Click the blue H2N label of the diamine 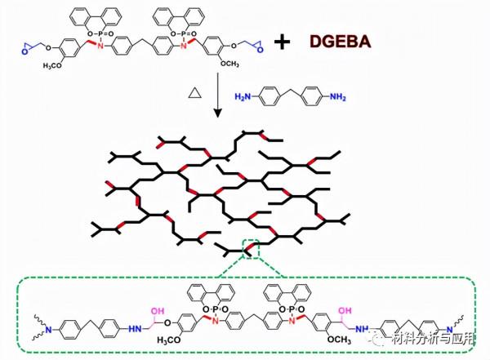[243, 97]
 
